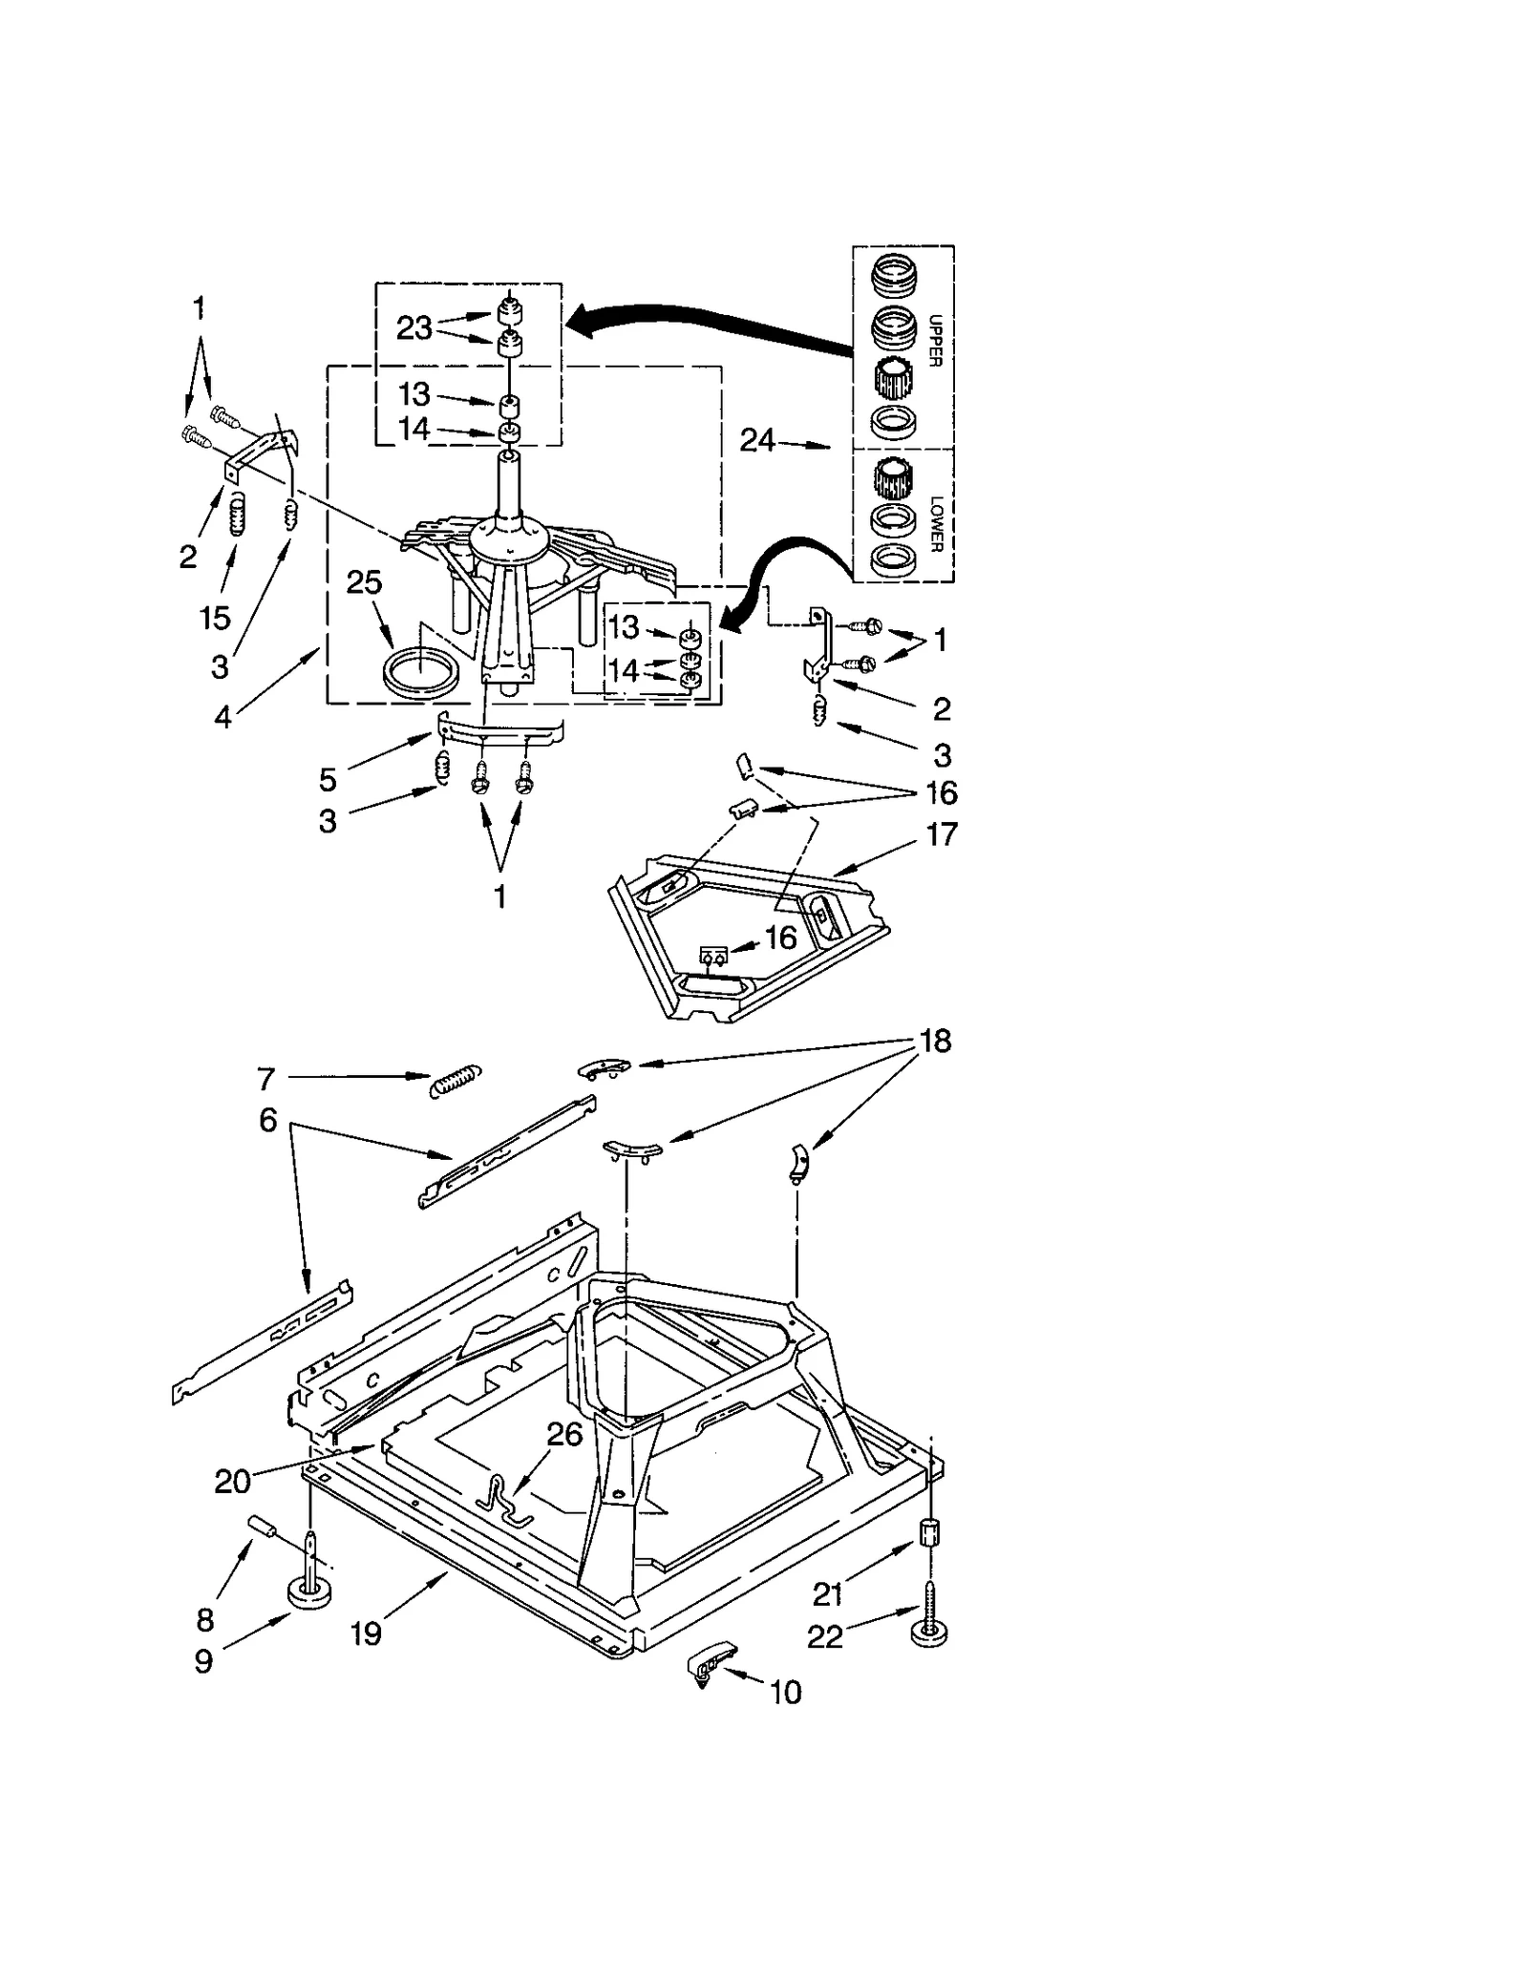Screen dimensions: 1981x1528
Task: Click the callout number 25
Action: [364, 582]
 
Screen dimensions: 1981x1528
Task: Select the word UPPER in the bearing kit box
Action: [935, 341]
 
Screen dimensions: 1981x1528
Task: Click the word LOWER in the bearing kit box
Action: [936, 523]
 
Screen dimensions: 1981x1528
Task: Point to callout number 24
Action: [757, 440]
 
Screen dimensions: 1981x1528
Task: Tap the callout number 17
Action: [942, 834]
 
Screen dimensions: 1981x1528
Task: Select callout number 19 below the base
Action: [366, 1633]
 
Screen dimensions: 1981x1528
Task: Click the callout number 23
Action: [414, 328]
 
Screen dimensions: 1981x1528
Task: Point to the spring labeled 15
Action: [237, 519]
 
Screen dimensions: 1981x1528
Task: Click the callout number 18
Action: [936, 1041]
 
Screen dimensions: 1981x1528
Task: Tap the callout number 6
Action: [267, 1120]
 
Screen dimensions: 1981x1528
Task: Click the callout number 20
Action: [232, 1482]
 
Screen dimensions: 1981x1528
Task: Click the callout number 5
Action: [328, 780]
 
